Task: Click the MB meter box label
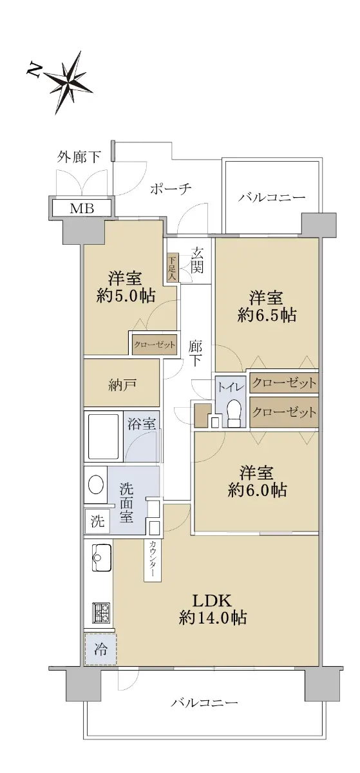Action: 82,209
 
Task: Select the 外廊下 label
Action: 79,157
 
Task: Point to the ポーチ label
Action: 171,189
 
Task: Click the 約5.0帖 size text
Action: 126,296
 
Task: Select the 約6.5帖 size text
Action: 267,315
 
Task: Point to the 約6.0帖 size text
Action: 257,490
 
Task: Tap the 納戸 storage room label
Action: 122,385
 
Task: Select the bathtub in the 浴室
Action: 104,436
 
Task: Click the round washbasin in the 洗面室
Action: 96,486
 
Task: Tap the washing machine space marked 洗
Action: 97,520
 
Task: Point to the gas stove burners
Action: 100,613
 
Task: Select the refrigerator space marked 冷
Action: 100,650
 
